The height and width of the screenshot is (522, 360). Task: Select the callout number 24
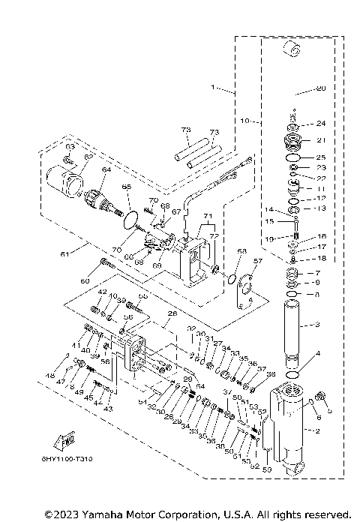pyautogui.click(x=320, y=123)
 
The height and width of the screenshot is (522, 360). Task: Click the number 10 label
pyautogui.click(x=244, y=120)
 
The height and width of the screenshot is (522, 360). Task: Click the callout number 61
pyautogui.click(x=64, y=254)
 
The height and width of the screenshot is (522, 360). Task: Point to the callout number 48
pyautogui.click(x=50, y=375)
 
